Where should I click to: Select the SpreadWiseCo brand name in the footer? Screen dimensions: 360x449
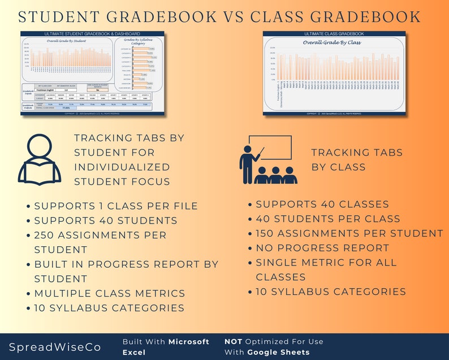[52, 346]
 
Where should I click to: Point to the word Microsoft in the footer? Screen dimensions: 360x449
[189, 341]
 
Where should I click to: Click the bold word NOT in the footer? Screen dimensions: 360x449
[233, 341]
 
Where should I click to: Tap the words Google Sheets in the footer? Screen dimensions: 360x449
[278, 352]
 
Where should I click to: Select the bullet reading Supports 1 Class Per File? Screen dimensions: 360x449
[116, 205]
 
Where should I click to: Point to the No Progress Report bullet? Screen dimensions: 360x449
[322, 248]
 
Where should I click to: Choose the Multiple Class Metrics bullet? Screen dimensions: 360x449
[110, 293]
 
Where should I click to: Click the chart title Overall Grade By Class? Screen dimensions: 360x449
[332, 42]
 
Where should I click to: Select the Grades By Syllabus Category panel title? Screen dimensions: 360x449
[138, 41]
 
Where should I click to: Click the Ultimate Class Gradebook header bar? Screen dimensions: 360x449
[334, 34]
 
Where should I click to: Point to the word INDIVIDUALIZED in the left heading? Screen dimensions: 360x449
[122, 167]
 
